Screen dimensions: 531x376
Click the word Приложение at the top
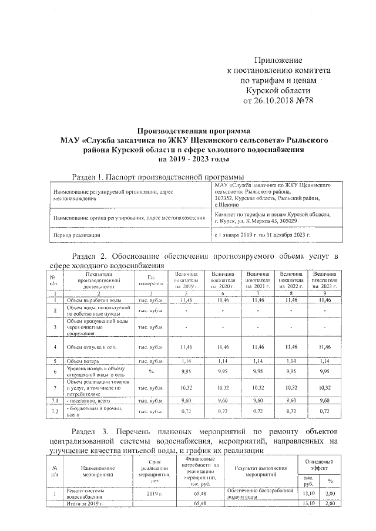277,60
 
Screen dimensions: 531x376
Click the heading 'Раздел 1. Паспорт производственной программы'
157,177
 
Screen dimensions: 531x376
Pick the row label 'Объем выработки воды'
94,300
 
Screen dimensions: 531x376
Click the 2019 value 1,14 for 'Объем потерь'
187,361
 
